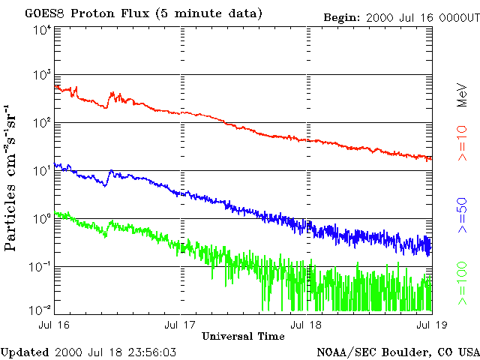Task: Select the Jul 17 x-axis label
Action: click(181, 324)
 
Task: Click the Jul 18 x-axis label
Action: click(306, 324)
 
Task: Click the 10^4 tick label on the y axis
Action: click(42, 30)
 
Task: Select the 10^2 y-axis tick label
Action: click(42, 124)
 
